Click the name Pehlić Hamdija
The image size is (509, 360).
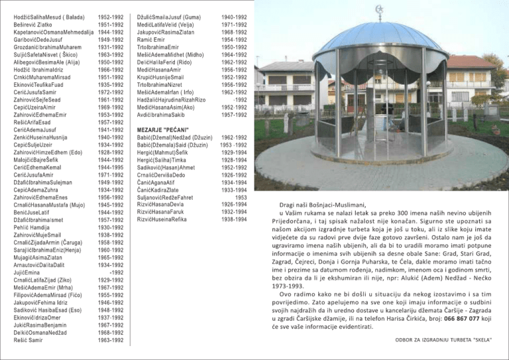tap(32, 227)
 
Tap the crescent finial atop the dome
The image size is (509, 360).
tap(379, 11)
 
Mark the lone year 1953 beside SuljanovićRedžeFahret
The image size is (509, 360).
tap(241, 196)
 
